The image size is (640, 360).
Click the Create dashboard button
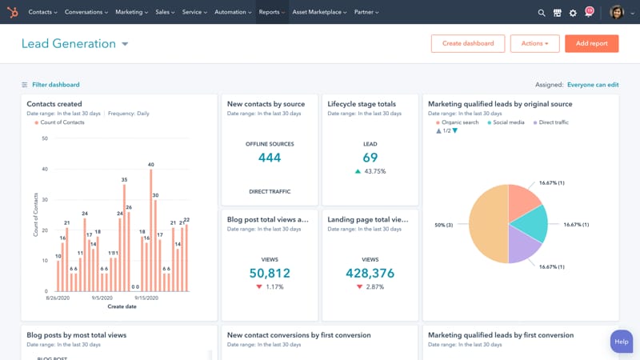click(x=468, y=44)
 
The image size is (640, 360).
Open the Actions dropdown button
click(x=534, y=44)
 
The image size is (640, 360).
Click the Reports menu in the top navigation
click(x=271, y=12)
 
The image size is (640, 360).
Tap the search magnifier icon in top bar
click(x=542, y=13)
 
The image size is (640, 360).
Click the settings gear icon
click(x=573, y=13)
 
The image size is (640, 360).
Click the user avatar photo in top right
click(x=616, y=12)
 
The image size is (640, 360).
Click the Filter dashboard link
click(x=55, y=85)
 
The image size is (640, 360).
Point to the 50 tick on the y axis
click(x=44, y=138)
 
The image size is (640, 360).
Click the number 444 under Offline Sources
click(x=270, y=158)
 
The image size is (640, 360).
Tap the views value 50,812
click(x=270, y=274)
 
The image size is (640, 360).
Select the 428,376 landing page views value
click(x=370, y=274)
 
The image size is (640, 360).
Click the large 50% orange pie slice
click(x=488, y=224)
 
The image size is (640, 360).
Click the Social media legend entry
click(x=508, y=122)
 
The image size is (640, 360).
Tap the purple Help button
click(x=622, y=342)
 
